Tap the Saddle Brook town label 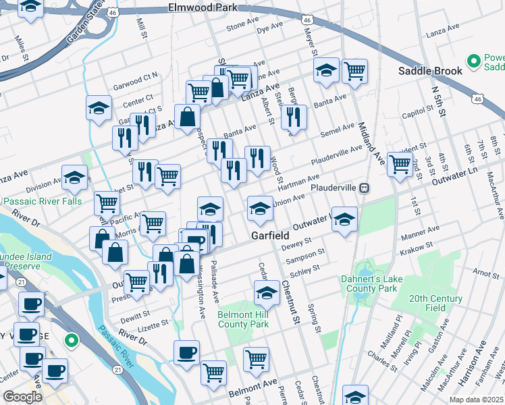[430, 70]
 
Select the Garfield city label [270, 236]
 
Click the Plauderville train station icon [364, 188]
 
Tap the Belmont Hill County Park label [243, 319]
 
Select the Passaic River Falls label [43, 201]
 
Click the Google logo [22, 397]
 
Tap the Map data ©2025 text [476, 400]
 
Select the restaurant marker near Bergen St [294, 117]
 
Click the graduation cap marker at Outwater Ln [345, 221]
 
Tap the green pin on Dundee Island [70, 341]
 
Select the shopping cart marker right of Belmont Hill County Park [256, 359]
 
